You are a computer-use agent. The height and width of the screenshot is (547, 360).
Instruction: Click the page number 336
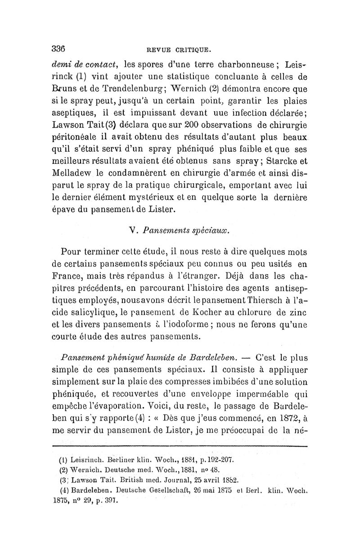59,48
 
